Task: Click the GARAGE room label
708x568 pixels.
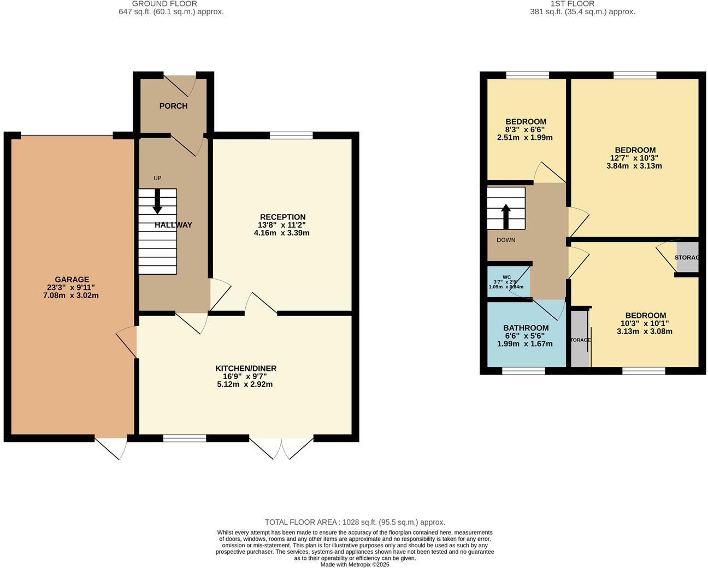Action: coord(72,280)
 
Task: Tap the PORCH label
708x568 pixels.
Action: coord(173,106)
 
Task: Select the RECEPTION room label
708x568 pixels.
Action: coord(282,217)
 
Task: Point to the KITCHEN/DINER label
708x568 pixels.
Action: coord(245,369)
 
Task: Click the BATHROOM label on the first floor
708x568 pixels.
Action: coord(526,328)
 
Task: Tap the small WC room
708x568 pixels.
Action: coord(507,281)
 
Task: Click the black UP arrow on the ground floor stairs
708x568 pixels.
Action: coord(157,201)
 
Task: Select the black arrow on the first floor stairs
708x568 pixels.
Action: coord(506,216)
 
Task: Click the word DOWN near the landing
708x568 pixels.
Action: coord(506,240)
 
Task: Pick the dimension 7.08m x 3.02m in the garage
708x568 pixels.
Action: coord(72,295)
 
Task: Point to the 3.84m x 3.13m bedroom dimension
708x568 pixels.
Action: coord(634,166)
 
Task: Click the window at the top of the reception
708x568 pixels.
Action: coord(291,135)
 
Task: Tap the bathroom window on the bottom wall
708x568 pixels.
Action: coord(523,371)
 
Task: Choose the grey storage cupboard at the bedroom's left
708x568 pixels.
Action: coord(580,339)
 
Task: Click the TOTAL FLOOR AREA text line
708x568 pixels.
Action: coord(355,522)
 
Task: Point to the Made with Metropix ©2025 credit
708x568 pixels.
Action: coord(355,565)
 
